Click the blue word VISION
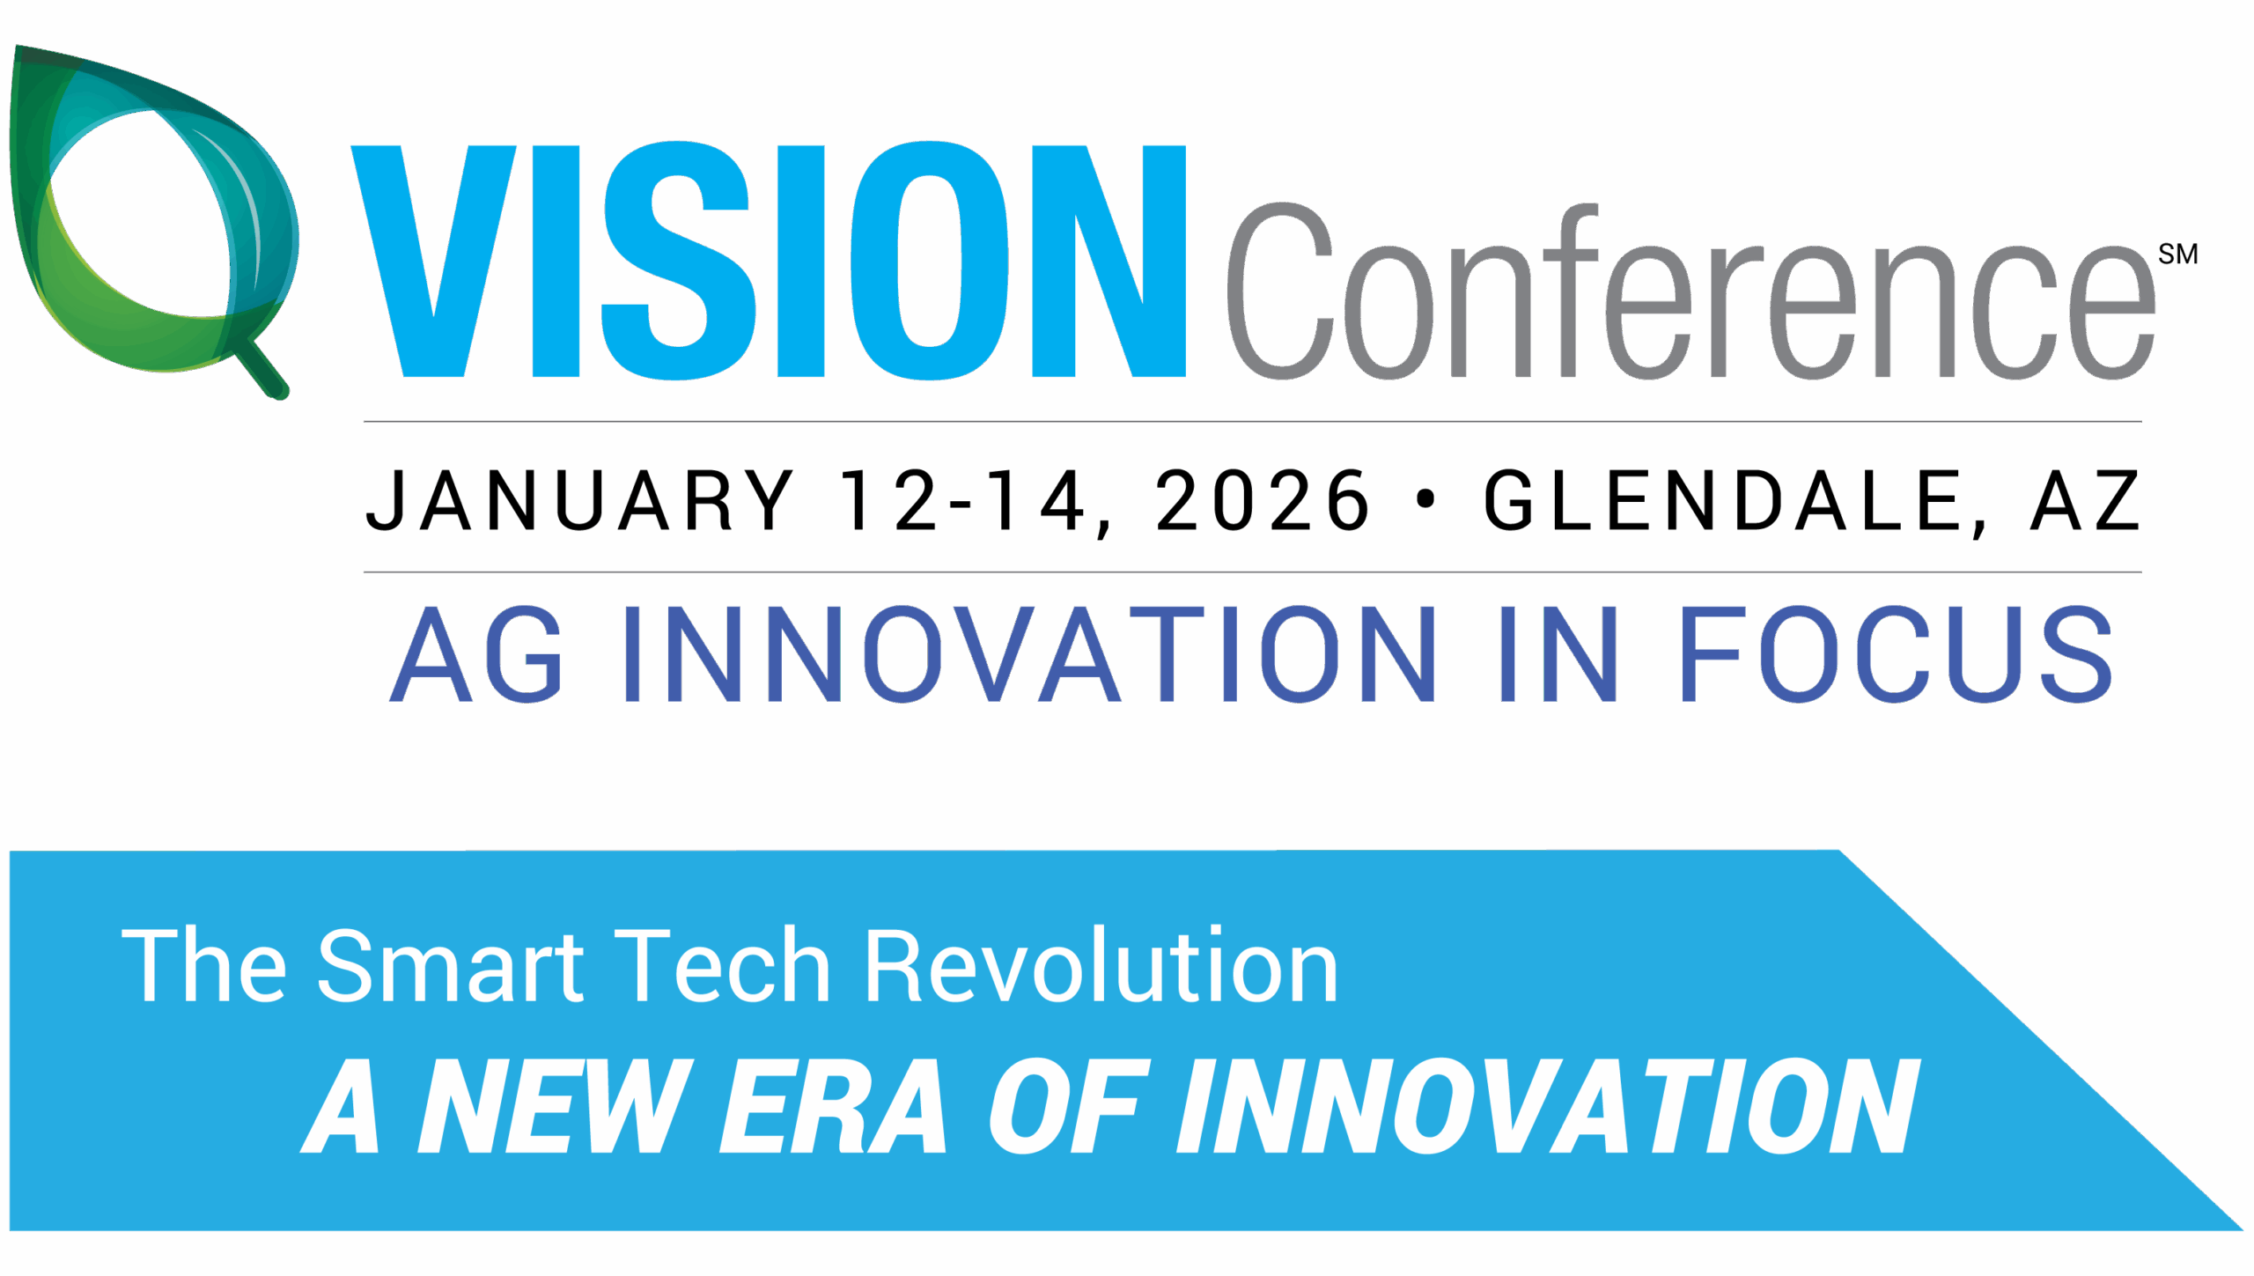pyautogui.click(x=769, y=261)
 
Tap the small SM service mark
pyautogui.click(x=2177, y=254)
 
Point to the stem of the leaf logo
pyautogui.click(x=262, y=370)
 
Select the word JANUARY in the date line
pyautogui.click(x=580, y=500)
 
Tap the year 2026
pyautogui.click(x=1263, y=500)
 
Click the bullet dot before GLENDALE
pyautogui.click(x=1425, y=499)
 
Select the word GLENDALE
pyautogui.click(x=1721, y=500)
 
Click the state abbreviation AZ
pyautogui.click(x=2085, y=500)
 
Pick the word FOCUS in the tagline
pyautogui.click(x=1897, y=653)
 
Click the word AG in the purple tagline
pyautogui.click(x=475, y=653)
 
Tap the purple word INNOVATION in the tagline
pyautogui.click(x=1030, y=653)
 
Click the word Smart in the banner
pyautogui.click(x=450, y=965)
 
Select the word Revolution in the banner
pyautogui.click(x=1101, y=965)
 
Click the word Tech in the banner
pyautogui.click(x=723, y=965)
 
